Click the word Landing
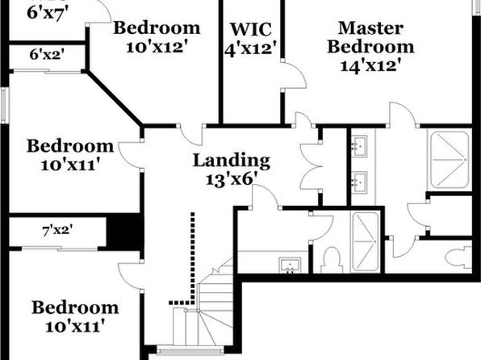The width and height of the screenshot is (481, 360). [232, 161]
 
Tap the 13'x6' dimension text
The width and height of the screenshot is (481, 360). [232, 179]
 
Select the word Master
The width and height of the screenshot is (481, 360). [370, 28]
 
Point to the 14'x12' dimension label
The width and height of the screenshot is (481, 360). [370, 65]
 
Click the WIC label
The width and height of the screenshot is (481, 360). [251, 30]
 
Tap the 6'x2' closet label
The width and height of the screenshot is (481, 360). [47, 55]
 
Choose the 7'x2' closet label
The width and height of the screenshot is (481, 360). [57, 230]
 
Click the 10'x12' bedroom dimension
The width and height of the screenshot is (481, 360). [157, 48]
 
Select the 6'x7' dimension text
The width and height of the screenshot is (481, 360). [47, 14]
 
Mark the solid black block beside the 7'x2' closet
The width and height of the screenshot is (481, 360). [125, 232]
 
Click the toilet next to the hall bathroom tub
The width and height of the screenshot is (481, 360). [332, 260]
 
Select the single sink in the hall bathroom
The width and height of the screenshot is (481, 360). [290, 266]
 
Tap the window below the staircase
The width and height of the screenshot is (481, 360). [190, 350]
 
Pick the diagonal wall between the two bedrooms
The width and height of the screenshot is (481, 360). [114, 98]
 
